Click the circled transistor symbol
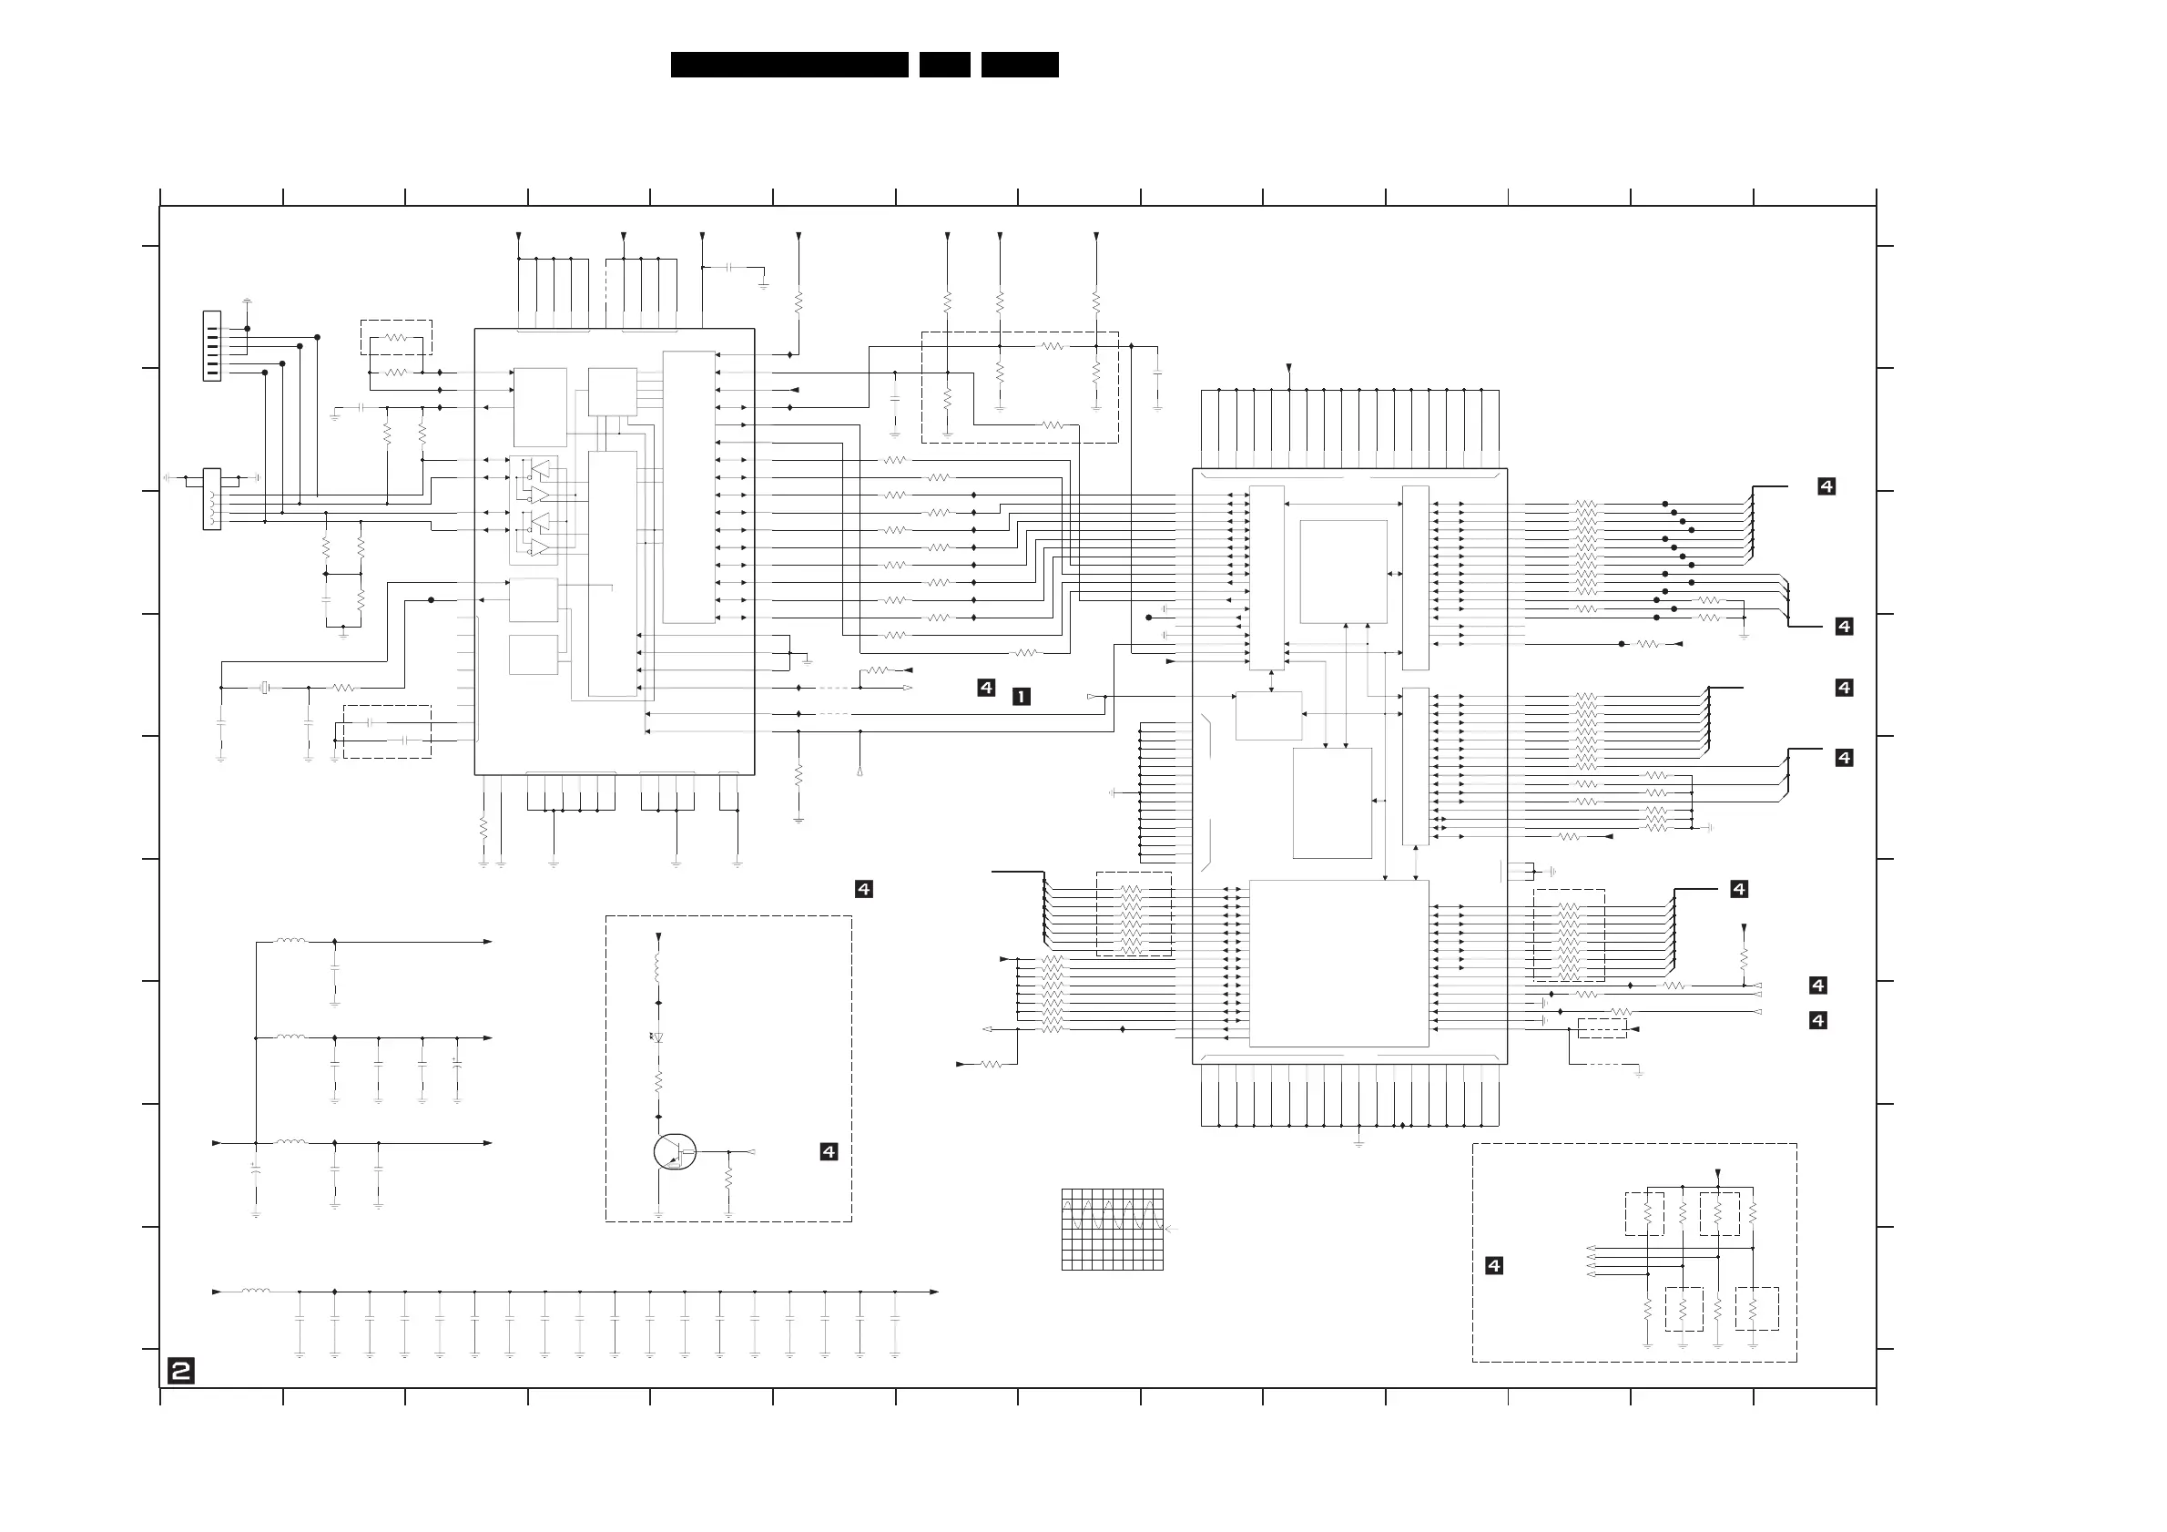(674, 1151)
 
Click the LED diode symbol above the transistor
(657, 1037)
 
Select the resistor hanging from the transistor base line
(728, 1180)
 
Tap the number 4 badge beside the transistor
(829, 1151)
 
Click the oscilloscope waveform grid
(1112, 1229)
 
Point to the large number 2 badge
(181, 1371)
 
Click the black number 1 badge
(1022, 697)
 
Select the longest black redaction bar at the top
(789, 64)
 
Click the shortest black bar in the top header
(945, 64)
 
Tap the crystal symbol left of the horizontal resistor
(265, 689)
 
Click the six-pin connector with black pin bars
(212, 345)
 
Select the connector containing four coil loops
(212, 499)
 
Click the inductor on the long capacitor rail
(256, 1291)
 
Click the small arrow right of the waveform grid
(1171, 1229)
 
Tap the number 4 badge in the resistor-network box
(1494, 1266)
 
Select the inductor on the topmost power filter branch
(290, 940)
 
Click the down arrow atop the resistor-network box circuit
(1718, 1173)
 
